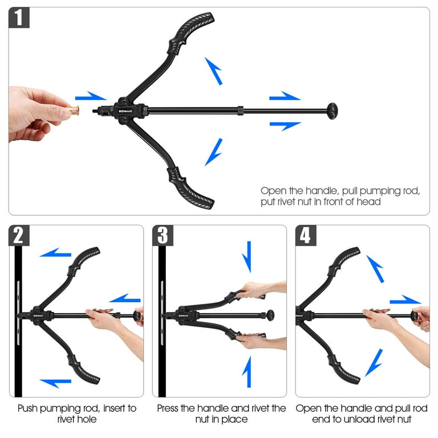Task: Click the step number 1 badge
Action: point(19,18)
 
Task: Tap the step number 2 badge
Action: point(19,236)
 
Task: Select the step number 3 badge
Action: point(163,236)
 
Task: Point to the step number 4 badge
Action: point(306,236)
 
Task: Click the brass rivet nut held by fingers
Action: point(74,110)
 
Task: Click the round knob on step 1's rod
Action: point(332,111)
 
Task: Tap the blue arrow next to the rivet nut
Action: point(91,96)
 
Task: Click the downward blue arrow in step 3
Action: point(247,257)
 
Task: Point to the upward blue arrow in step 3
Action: point(247,372)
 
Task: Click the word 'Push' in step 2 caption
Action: point(27,408)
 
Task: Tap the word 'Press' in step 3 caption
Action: point(168,408)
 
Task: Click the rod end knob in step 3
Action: point(270,315)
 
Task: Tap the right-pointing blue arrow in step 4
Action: point(405,299)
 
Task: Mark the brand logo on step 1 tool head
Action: point(125,111)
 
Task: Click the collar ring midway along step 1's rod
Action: point(241,111)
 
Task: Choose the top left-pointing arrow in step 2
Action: point(55,253)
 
